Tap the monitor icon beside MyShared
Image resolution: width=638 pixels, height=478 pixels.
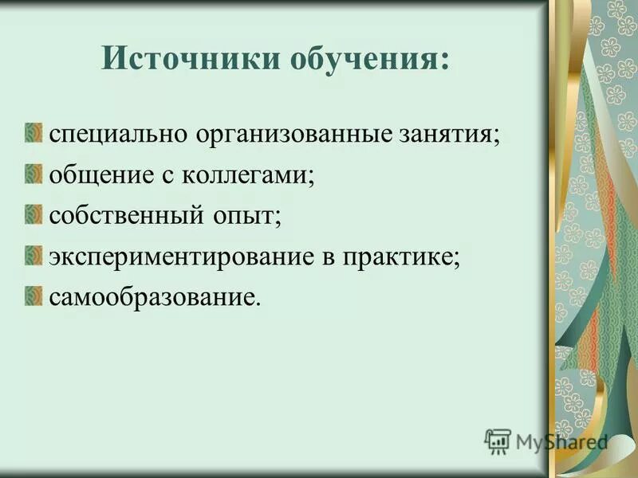click(498, 441)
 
